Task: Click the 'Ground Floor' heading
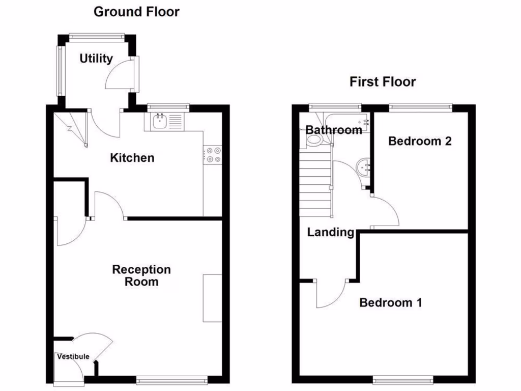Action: [x=136, y=12]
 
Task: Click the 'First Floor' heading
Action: [x=383, y=81]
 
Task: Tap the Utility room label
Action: [x=96, y=59]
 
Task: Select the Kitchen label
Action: [x=132, y=158]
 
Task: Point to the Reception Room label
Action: [x=141, y=275]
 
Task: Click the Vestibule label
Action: [x=73, y=356]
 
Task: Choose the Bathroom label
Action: [x=334, y=130]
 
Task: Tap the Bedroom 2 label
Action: [x=420, y=141]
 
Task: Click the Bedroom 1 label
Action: [x=391, y=303]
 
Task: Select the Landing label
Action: [x=331, y=233]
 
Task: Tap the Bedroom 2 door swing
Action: [x=385, y=211]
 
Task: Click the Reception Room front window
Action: [x=172, y=379]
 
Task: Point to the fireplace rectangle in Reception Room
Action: [x=212, y=298]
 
